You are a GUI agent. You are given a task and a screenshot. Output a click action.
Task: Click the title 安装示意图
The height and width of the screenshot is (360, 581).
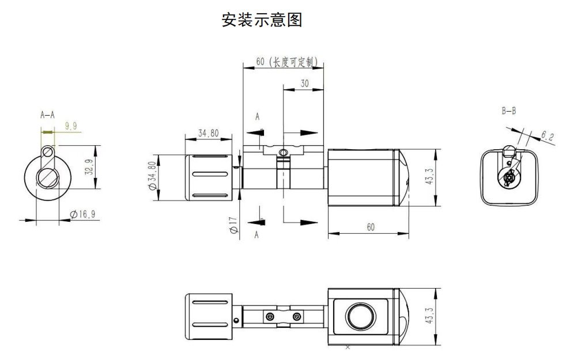262,20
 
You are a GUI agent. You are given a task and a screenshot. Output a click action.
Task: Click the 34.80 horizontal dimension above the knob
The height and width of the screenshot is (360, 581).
209,133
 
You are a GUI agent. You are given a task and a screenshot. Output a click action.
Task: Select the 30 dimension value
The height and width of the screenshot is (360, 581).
304,84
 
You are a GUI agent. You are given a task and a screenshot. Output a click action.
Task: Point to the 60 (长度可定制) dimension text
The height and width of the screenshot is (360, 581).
287,62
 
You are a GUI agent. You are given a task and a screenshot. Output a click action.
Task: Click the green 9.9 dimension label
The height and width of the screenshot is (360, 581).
71,126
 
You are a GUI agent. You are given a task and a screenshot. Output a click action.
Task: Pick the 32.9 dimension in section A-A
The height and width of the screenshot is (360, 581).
89,167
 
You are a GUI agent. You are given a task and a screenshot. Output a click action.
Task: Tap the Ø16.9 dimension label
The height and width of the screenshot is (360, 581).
82,214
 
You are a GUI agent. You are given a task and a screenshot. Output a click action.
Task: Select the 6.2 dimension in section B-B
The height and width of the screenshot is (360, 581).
548,136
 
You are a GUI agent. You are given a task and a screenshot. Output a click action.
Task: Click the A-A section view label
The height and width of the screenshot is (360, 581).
47,115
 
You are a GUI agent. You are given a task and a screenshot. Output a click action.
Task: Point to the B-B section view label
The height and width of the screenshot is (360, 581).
509,111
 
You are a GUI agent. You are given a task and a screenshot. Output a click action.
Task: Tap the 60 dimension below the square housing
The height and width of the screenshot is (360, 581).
371,227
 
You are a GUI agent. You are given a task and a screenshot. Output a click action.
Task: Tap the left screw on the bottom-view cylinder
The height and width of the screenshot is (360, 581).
270,317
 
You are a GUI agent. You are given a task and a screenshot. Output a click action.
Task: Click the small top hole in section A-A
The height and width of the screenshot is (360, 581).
47,151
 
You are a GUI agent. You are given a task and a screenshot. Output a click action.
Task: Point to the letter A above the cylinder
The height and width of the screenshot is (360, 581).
258,117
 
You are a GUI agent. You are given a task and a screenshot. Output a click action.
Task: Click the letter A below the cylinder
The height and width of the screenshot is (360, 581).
256,235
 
